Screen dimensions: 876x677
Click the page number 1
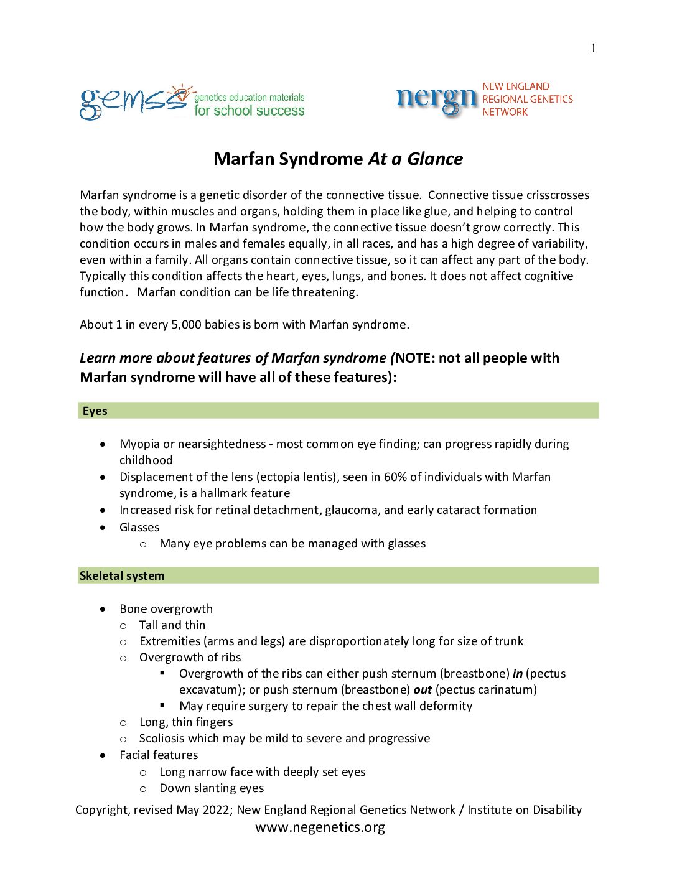tap(593, 49)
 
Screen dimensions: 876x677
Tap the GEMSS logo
tap(133, 103)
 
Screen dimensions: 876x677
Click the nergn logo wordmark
tap(437, 100)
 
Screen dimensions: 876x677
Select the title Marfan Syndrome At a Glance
tap(338, 159)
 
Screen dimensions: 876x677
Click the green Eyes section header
tap(95, 411)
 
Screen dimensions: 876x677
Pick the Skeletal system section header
tap(122, 576)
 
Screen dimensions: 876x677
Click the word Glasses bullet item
tap(139, 528)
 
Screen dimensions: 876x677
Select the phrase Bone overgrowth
tap(166, 609)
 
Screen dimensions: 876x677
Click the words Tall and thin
tap(172, 625)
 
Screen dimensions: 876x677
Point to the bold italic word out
tap(423, 690)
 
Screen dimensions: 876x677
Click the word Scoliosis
tap(162, 739)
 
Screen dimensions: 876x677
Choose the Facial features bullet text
tap(159, 755)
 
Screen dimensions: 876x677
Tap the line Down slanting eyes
tap(212, 788)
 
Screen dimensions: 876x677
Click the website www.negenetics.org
tap(320, 827)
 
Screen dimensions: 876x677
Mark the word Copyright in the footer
tap(102, 810)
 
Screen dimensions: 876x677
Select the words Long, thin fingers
tap(186, 722)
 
